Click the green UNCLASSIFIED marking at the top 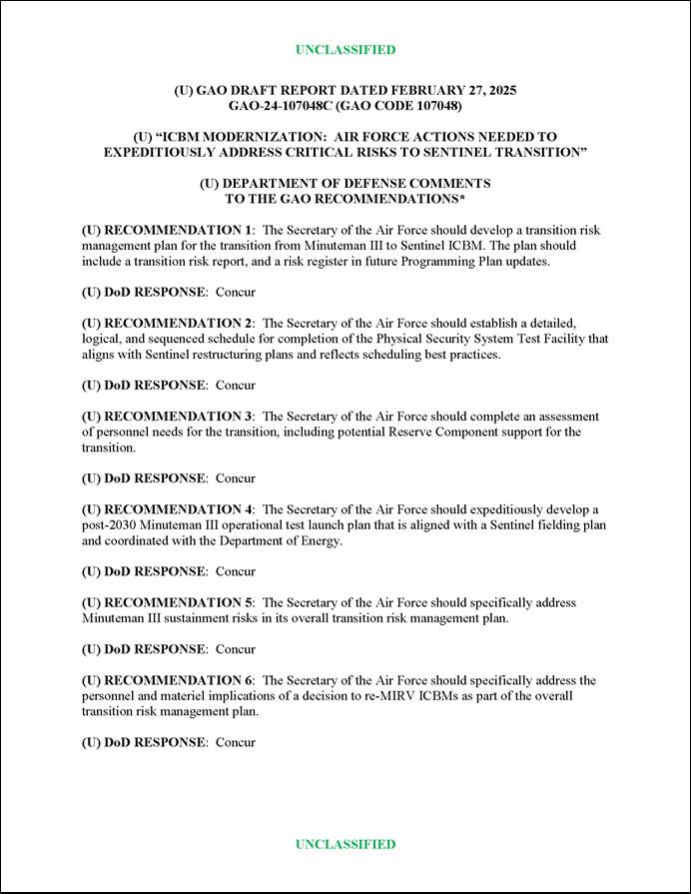pos(345,50)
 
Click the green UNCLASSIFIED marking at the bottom pos(345,844)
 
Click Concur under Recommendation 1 pos(236,292)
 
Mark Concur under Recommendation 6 pos(236,742)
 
